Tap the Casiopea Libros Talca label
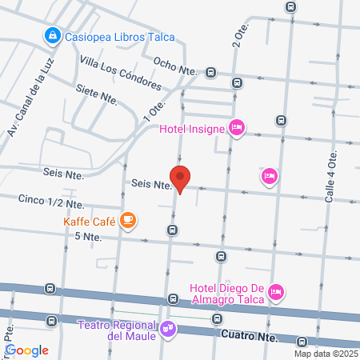(120, 36)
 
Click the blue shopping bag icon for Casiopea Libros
(52, 35)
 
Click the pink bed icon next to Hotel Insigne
(236, 127)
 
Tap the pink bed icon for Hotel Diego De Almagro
(276, 293)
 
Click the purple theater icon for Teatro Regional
(167, 326)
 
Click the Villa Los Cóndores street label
(121, 73)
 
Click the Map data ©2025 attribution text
(325, 354)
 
